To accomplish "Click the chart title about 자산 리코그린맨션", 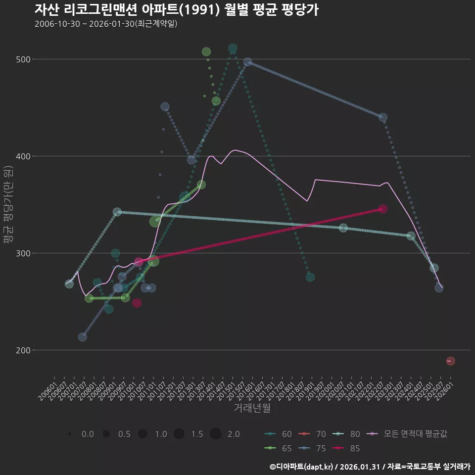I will point(176,10).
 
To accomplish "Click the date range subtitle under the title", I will point(106,24).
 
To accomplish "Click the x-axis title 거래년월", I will point(252,408).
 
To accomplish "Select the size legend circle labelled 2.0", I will point(215,434).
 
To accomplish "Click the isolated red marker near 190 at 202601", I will point(450,361).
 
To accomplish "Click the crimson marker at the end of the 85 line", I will point(382,209).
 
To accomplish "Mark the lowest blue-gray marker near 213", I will point(83,337).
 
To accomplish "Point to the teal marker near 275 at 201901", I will point(310,277).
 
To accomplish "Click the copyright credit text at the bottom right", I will point(370,467).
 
